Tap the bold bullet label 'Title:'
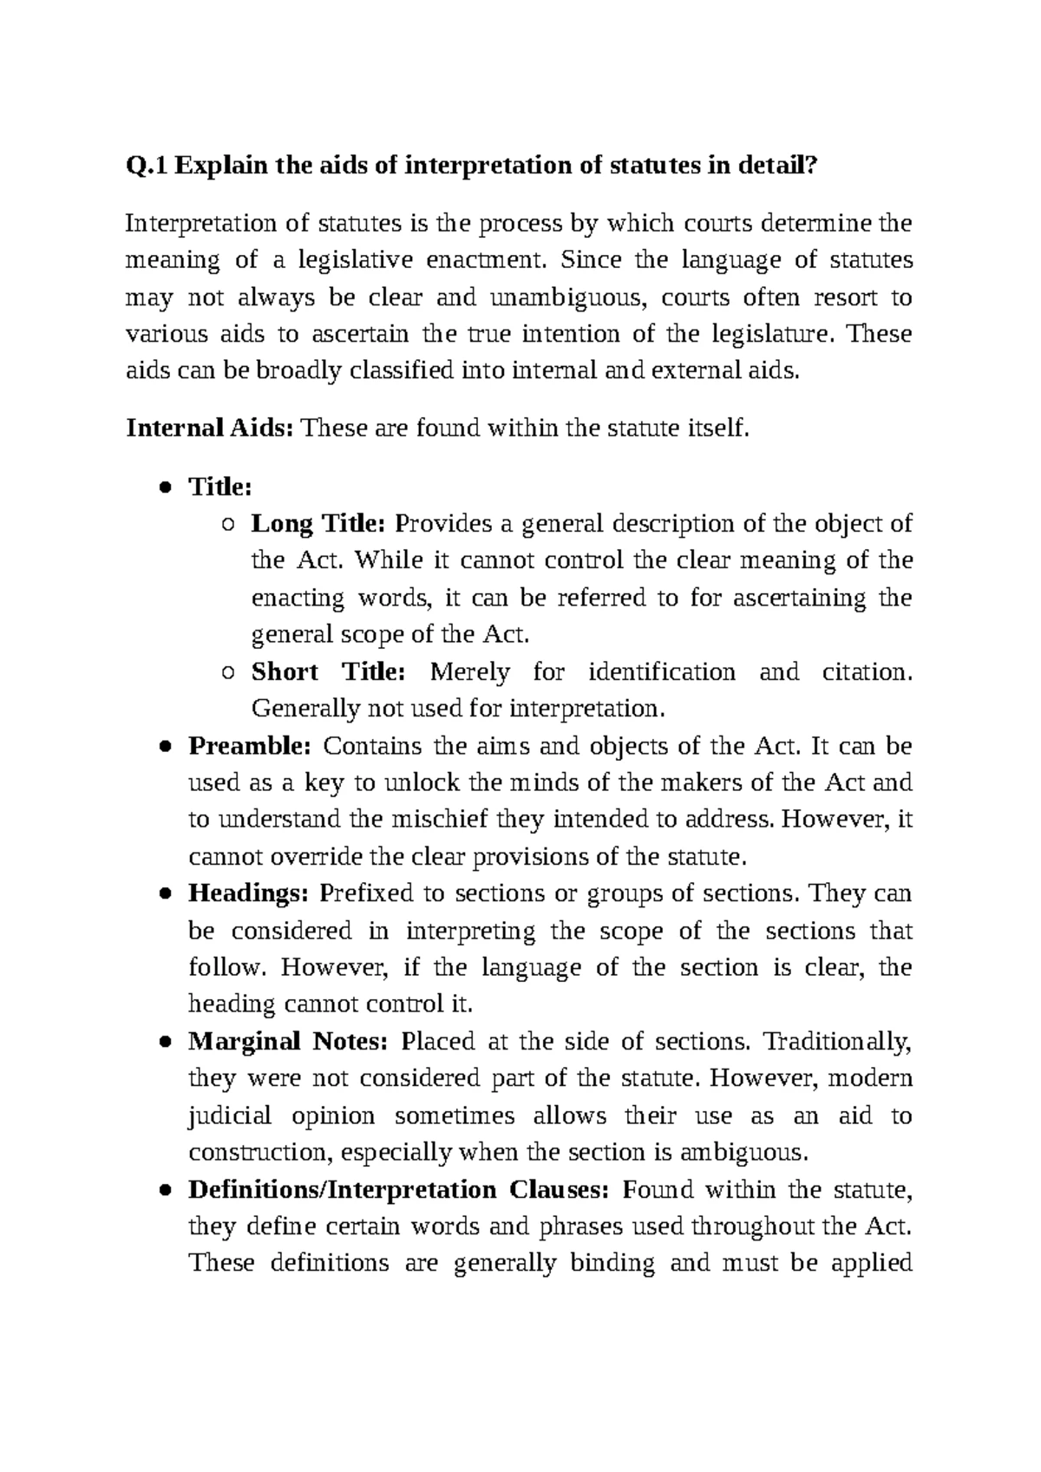click(219, 487)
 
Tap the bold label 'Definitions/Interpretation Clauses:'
click(399, 1189)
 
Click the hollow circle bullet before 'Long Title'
click(227, 525)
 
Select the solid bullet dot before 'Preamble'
click(164, 747)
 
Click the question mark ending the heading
click(811, 165)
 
